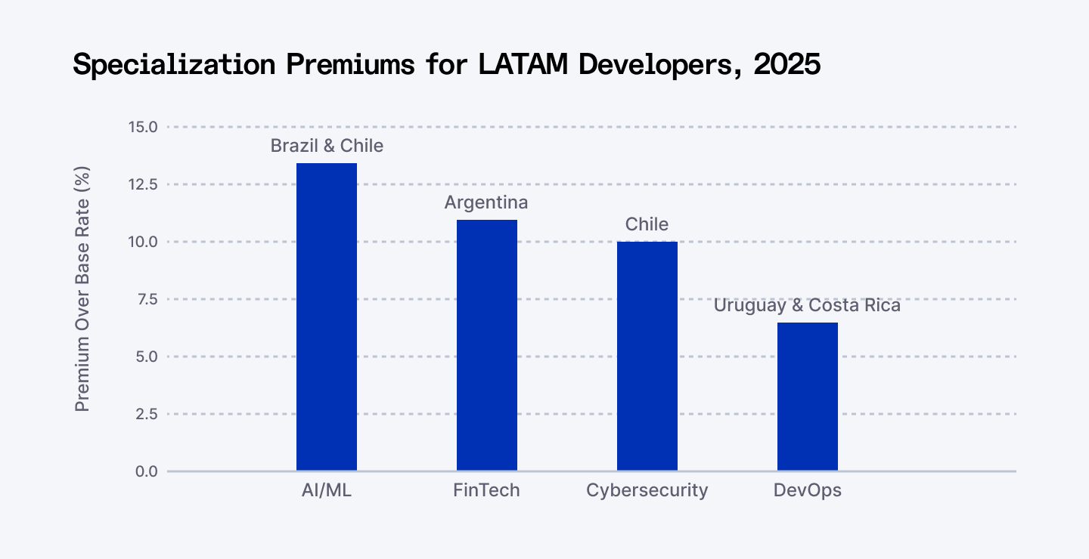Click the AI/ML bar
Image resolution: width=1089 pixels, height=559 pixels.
point(327,317)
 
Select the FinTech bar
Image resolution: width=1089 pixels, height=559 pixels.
point(487,345)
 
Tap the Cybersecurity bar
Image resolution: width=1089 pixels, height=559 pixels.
point(647,357)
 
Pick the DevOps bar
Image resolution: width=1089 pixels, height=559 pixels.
point(808,397)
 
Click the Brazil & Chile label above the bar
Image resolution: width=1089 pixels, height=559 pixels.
point(327,146)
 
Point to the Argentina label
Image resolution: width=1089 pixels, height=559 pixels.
point(486,202)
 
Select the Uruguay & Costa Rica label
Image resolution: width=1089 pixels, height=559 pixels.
point(808,306)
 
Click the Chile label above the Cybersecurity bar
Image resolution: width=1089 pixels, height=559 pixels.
point(647,224)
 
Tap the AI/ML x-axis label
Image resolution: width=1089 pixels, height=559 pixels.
point(327,490)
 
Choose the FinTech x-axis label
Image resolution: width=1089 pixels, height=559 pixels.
point(487,490)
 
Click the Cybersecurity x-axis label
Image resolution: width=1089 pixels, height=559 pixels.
point(647,490)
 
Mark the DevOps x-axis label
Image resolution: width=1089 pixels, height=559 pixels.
point(808,490)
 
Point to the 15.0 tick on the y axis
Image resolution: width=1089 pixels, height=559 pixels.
point(143,127)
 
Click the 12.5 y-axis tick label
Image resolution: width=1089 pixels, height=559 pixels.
point(143,184)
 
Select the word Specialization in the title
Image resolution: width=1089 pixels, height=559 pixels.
point(173,65)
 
